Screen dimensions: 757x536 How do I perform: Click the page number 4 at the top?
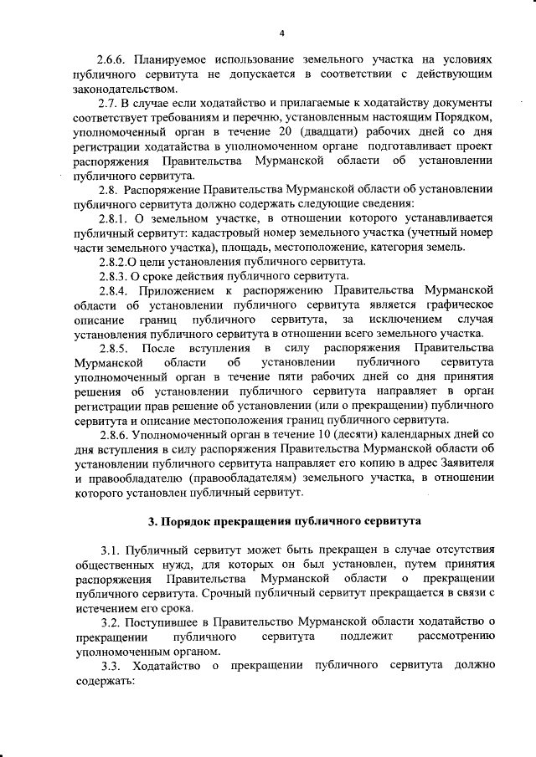(x=282, y=33)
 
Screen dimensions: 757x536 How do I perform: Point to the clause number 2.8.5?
(x=113, y=347)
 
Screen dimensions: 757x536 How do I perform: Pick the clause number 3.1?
(x=109, y=550)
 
